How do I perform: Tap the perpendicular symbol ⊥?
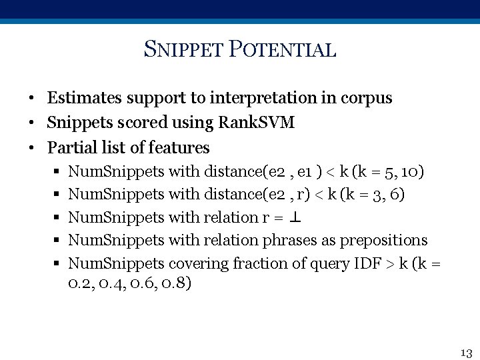[296, 217]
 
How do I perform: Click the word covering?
[198, 263]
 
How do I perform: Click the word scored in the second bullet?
[133, 123]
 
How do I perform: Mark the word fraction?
[257, 263]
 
